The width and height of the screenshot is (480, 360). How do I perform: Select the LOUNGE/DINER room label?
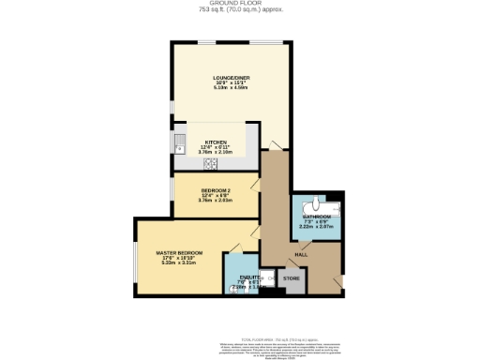[230, 77]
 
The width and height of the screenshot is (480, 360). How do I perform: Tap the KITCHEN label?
[216, 141]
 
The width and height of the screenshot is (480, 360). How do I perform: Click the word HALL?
[302, 254]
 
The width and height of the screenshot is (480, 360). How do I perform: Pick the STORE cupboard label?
[292, 278]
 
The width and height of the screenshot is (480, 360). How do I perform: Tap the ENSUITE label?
[250, 277]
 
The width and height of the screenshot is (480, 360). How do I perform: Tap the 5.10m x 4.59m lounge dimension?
[230, 88]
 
